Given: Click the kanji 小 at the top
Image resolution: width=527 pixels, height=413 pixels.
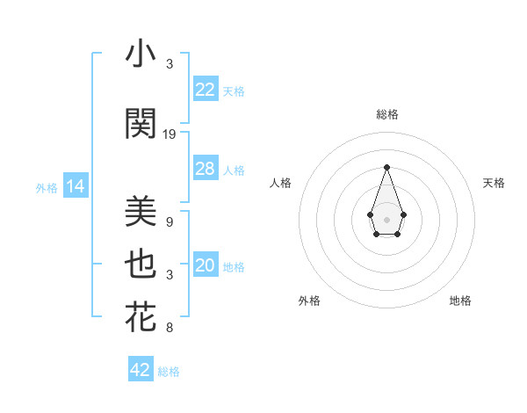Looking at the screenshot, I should pos(141,54).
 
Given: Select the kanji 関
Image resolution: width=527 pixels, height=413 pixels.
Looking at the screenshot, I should pos(141,124).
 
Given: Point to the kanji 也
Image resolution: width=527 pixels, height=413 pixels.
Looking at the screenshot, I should pos(141,264).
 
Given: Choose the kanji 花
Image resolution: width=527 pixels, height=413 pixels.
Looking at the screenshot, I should pos(141,317).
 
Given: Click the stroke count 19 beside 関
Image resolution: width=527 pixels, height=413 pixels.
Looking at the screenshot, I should pos(170,134).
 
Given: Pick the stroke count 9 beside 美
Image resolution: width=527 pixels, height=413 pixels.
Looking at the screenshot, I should pos(170,222).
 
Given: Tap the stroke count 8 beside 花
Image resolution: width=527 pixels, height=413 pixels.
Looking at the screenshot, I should pos(170,329).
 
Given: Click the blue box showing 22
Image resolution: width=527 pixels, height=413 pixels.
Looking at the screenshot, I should pos(205,90).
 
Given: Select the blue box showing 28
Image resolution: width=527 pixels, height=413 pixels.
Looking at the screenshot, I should pos(205,169).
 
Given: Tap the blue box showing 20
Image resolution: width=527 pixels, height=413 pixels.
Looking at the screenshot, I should pos(205,266).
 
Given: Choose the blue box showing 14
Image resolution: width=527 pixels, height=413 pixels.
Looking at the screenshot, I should pos(75,186).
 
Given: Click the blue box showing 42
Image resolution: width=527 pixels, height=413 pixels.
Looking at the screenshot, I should pos(141,370).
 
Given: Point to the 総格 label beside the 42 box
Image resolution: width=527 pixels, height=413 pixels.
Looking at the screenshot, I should pos(169,372).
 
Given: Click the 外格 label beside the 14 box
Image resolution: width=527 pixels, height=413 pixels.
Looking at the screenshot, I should pos(46,187).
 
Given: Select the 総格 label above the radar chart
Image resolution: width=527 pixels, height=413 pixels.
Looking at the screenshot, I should pos(386,114).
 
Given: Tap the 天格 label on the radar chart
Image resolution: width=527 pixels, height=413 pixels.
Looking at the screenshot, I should pos(494,183).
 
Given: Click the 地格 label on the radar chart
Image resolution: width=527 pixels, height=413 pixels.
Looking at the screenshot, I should pos(460,301).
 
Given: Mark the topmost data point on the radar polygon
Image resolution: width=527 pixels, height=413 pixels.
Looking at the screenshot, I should pos(386,167).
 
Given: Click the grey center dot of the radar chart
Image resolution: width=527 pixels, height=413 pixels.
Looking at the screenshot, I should pos(386,219).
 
